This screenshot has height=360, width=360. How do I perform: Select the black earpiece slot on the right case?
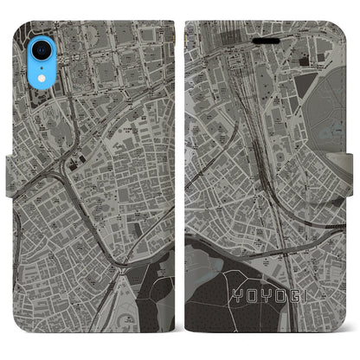306,63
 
